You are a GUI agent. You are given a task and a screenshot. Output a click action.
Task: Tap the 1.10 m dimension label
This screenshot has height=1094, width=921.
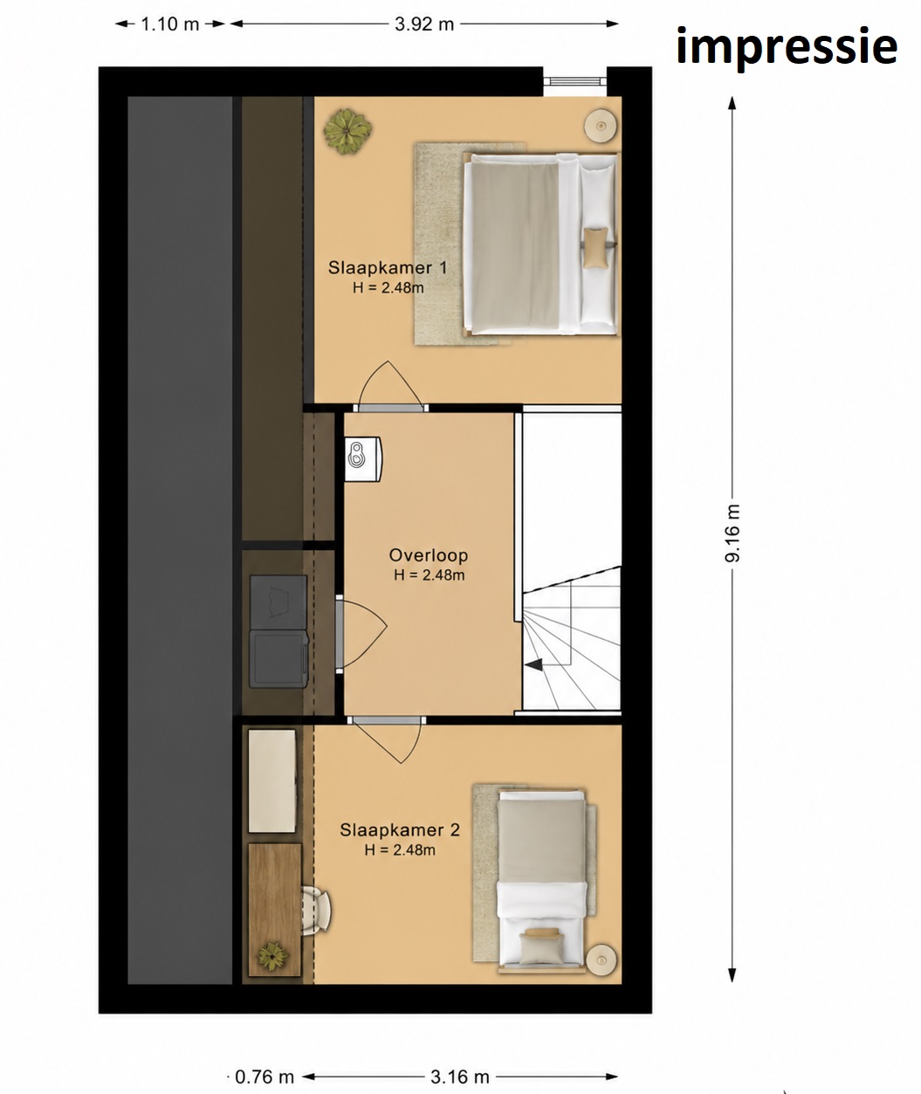pos(169,24)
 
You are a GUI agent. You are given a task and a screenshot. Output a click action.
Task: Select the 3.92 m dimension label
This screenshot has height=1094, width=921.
pos(423,24)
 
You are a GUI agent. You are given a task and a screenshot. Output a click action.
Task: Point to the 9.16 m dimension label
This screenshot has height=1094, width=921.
pos(732,533)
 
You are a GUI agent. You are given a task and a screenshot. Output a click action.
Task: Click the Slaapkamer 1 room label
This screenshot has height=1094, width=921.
pos(388,268)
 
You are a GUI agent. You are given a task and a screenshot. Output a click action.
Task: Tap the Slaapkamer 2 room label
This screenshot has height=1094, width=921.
pos(400,830)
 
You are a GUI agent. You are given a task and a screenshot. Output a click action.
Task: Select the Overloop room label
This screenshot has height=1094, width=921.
pos(429,555)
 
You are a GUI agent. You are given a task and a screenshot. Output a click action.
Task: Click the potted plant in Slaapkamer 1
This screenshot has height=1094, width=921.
pos(347,131)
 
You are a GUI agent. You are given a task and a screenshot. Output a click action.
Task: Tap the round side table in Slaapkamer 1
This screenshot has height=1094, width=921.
pos(601,125)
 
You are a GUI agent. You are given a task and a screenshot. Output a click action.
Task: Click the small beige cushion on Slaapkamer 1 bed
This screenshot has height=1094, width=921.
pos(595,248)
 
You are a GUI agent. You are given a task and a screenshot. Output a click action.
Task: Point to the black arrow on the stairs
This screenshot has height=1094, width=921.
pos(533,665)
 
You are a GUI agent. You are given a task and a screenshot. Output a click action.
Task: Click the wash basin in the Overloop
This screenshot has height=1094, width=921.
pos(363,459)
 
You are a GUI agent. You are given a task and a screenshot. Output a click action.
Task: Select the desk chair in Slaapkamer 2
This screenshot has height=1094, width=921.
pos(316,909)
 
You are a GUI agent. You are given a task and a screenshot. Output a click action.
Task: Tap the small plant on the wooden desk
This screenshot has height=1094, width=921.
pos(272,954)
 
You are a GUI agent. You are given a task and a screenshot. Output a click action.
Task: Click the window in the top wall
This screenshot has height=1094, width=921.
pos(574,80)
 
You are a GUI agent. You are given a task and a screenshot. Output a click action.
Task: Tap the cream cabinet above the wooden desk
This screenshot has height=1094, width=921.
pos(271,781)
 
